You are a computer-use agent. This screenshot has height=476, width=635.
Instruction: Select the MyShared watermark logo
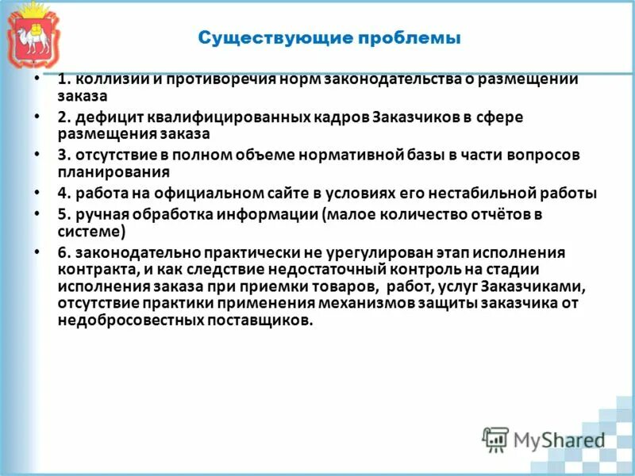544,439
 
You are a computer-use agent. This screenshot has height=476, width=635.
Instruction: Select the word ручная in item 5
96,214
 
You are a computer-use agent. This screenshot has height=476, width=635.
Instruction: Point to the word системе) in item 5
91,230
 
